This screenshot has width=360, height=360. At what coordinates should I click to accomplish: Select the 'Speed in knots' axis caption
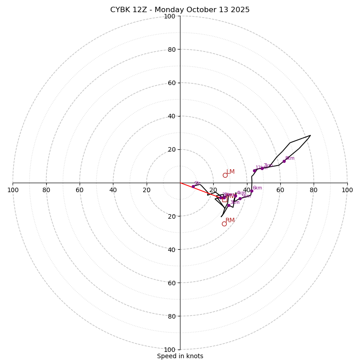click(180, 356)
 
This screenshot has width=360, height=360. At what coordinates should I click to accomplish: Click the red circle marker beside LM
click(225, 175)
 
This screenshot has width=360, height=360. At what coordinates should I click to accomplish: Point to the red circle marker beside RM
click(224, 224)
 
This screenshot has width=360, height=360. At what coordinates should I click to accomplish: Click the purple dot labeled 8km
click(284, 161)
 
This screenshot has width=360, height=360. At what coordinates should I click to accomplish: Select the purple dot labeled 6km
click(252, 191)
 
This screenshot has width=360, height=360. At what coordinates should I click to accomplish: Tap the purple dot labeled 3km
click(229, 205)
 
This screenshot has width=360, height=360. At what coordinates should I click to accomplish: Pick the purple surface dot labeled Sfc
click(193, 186)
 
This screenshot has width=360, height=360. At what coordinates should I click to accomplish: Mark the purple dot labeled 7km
click(262, 168)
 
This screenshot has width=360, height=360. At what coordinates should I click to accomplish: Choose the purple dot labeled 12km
click(254, 171)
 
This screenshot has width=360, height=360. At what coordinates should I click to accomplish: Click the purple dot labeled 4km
click(235, 196)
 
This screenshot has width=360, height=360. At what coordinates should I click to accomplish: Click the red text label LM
click(230, 172)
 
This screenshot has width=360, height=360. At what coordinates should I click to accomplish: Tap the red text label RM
click(230, 220)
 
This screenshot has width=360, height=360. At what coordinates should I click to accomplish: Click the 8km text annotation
click(290, 158)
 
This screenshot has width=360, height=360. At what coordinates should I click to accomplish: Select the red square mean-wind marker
click(225, 199)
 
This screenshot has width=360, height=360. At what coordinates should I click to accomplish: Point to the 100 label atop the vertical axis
click(170, 16)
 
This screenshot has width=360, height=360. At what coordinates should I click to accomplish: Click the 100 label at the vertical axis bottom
click(170, 349)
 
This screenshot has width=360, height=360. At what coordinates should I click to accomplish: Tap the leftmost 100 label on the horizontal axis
click(13, 190)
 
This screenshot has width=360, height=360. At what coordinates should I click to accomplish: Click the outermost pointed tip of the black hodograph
click(310, 135)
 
